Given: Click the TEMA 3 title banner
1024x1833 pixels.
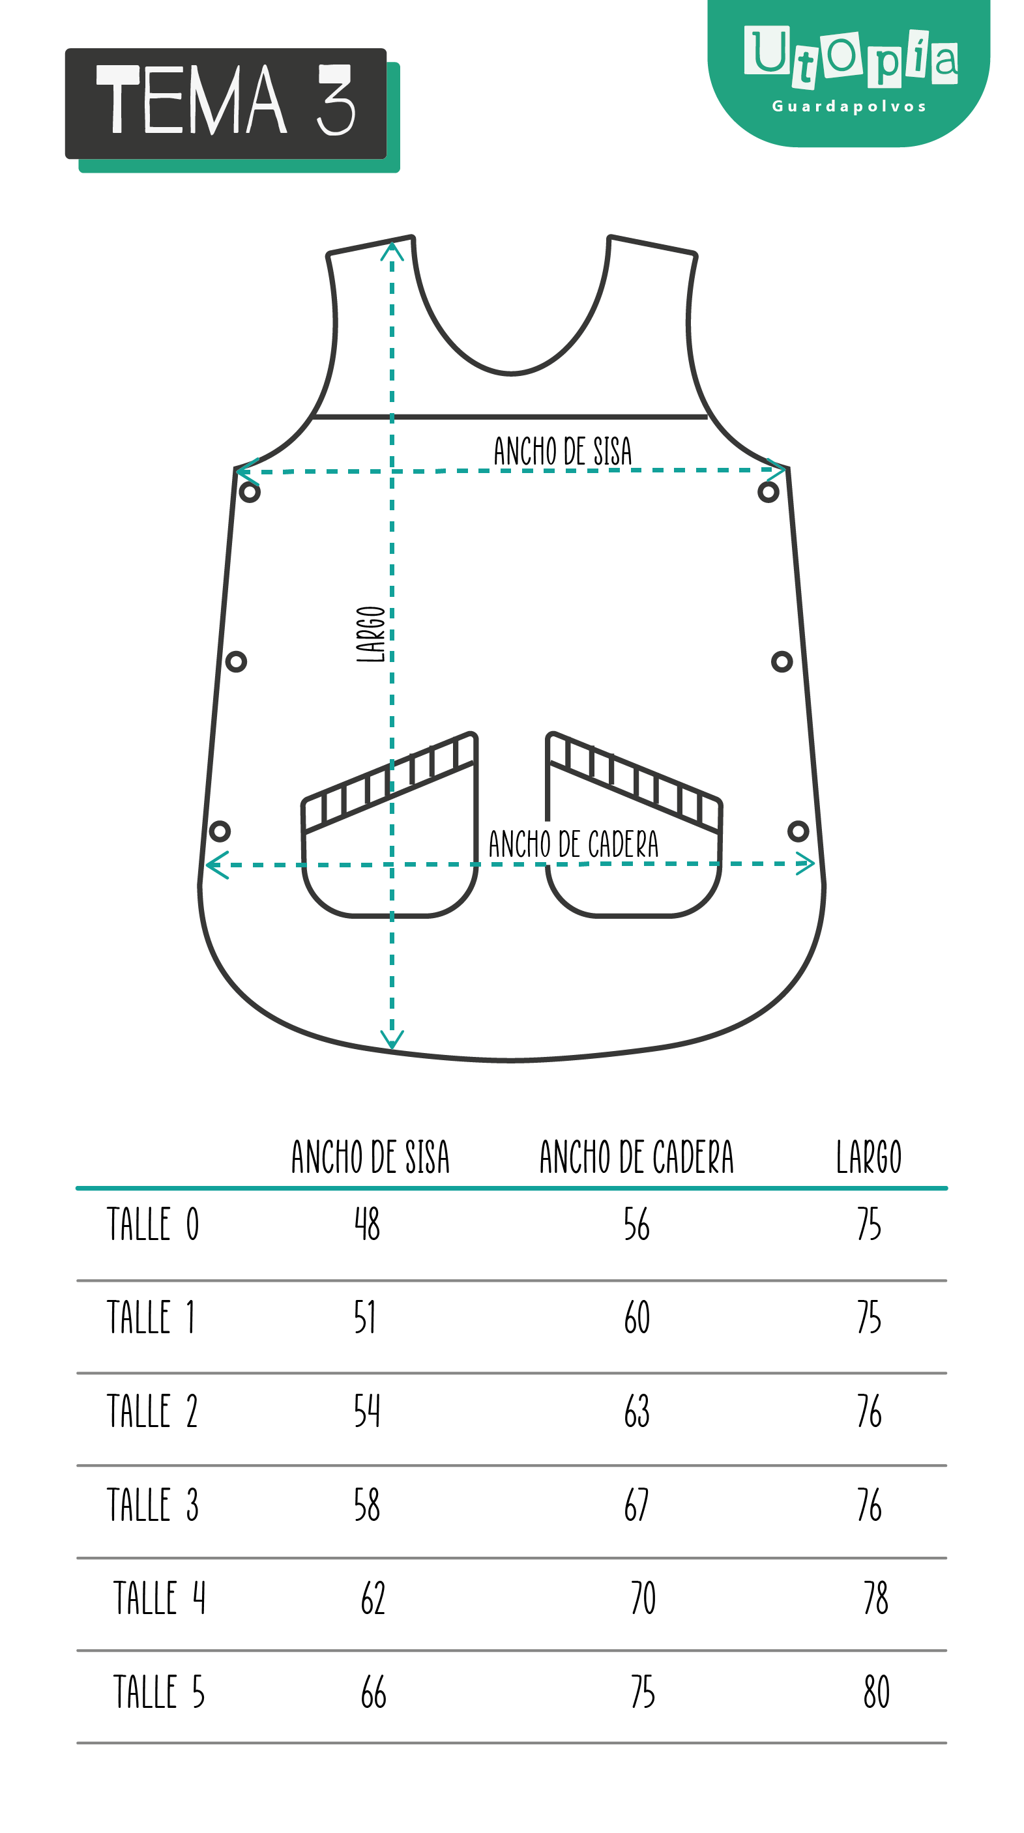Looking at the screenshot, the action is (232, 109).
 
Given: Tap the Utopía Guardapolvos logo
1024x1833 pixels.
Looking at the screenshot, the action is (848, 73).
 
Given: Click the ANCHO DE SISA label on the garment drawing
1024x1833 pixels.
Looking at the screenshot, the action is (562, 451).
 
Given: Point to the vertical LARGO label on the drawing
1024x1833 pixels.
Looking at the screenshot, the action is (371, 634).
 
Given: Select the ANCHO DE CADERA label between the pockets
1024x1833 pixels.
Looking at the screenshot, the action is (573, 844).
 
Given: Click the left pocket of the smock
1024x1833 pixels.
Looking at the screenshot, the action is (390, 825).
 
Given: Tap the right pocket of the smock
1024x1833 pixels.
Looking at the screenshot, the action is (634, 825).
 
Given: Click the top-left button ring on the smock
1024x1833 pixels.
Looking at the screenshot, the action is (250, 492).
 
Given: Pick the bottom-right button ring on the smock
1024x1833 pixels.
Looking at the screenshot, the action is (798, 830).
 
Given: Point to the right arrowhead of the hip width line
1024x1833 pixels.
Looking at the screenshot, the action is (806, 863).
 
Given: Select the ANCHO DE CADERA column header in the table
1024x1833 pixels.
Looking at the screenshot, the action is (636, 1157).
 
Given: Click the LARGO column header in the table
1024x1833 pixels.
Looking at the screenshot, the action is (868, 1157).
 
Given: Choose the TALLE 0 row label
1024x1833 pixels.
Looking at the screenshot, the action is (153, 1224).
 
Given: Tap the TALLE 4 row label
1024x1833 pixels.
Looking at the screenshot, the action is (160, 1598).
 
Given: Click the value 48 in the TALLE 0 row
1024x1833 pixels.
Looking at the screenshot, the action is (367, 1224).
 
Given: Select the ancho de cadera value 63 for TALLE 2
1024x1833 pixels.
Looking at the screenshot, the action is (637, 1411).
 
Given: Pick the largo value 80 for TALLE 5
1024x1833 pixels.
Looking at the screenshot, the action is (877, 1692).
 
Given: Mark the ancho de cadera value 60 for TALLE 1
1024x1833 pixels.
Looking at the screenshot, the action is (637, 1317).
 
